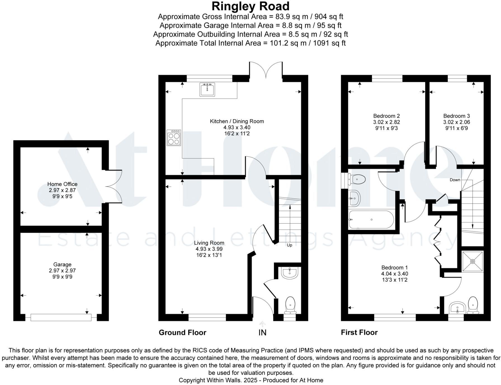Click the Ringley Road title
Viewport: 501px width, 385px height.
click(x=250, y=6)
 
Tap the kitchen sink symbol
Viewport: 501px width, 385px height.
click(x=207, y=89)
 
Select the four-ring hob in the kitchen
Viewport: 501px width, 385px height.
click(x=174, y=138)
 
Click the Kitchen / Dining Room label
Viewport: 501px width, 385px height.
click(x=237, y=121)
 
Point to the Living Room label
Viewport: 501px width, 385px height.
click(x=209, y=243)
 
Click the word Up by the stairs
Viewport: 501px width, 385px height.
click(x=289, y=245)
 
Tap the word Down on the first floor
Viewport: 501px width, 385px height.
click(x=455, y=180)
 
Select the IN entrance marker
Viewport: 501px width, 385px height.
click(x=262, y=333)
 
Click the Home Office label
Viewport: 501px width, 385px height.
click(x=62, y=184)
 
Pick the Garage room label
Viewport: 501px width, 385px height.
click(x=62, y=264)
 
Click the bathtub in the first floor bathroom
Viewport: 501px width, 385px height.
click(x=372, y=220)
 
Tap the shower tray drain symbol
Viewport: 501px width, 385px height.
click(x=472, y=261)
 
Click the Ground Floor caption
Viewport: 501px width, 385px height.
click(x=182, y=333)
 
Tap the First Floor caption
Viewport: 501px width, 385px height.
click(x=359, y=333)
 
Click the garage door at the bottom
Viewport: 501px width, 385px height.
click(x=61, y=317)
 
